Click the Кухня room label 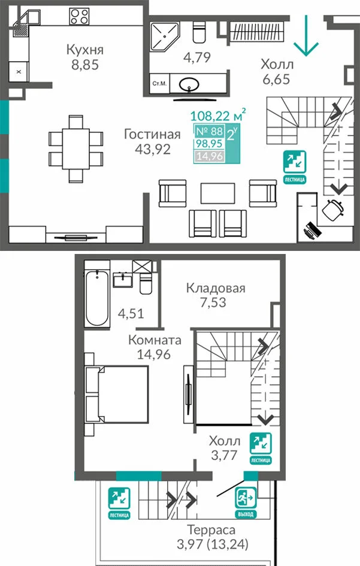(85, 50)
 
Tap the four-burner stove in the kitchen (80, 17)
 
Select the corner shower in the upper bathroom (165, 37)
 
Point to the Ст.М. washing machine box (159, 84)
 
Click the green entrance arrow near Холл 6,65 (306, 35)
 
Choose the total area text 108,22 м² (218, 115)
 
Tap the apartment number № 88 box (209, 131)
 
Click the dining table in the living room (76, 149)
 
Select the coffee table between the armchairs (217, 193)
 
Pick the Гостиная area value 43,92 (152, 149)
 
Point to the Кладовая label (216, 288)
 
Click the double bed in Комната (117, 394)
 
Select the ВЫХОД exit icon (246, 503)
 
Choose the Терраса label (211, 530)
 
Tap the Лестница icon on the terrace (119, 503)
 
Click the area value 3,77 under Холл (224, 455)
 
